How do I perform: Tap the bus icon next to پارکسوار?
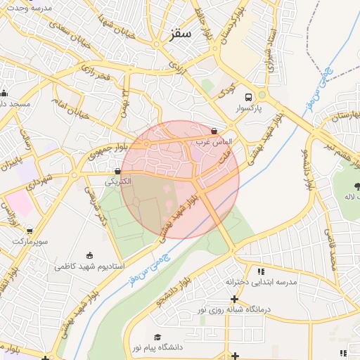pos(248,98)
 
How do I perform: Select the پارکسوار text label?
pos(248,110)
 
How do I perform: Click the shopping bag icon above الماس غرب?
pos(214,131)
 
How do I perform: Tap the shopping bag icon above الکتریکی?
pos(117,170)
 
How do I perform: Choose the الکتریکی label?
pos(118,181)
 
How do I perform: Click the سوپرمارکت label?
pos(29,241)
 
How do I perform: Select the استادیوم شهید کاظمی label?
pos(89,267)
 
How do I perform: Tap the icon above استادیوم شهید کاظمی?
pos(89,255)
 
